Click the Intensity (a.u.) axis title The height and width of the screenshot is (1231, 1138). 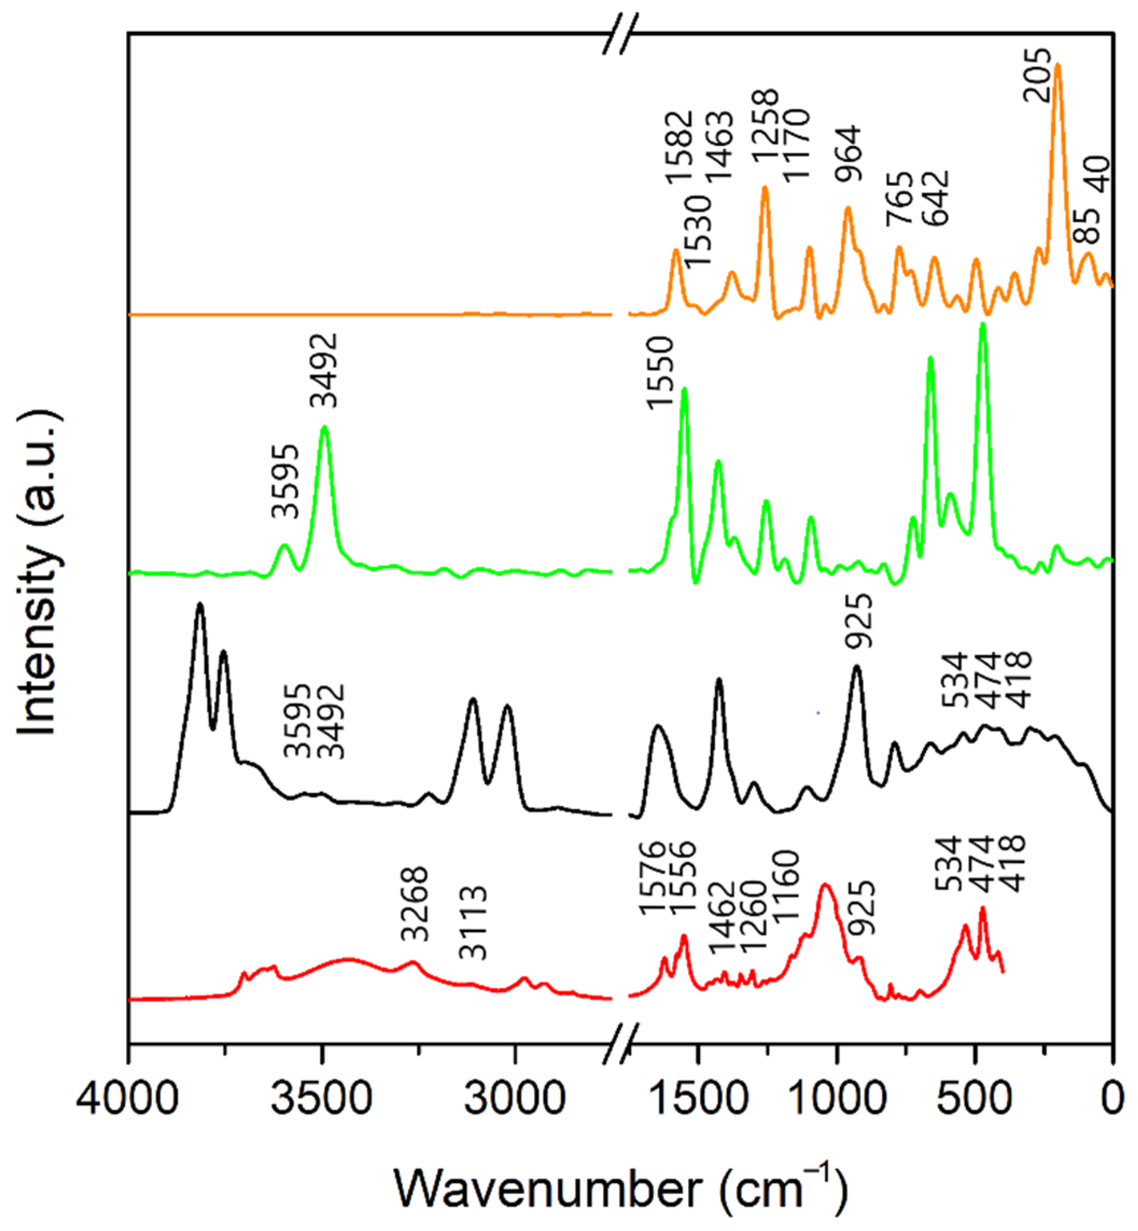[38, 573]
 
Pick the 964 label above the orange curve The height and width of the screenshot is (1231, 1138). [848, 154]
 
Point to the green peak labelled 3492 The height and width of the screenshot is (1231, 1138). [325, 428]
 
